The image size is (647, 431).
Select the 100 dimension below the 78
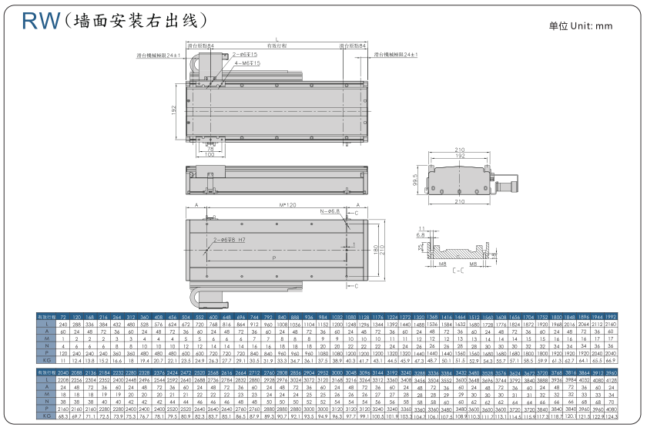210,155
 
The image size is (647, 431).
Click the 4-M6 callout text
246,64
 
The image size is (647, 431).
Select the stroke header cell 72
64,317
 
